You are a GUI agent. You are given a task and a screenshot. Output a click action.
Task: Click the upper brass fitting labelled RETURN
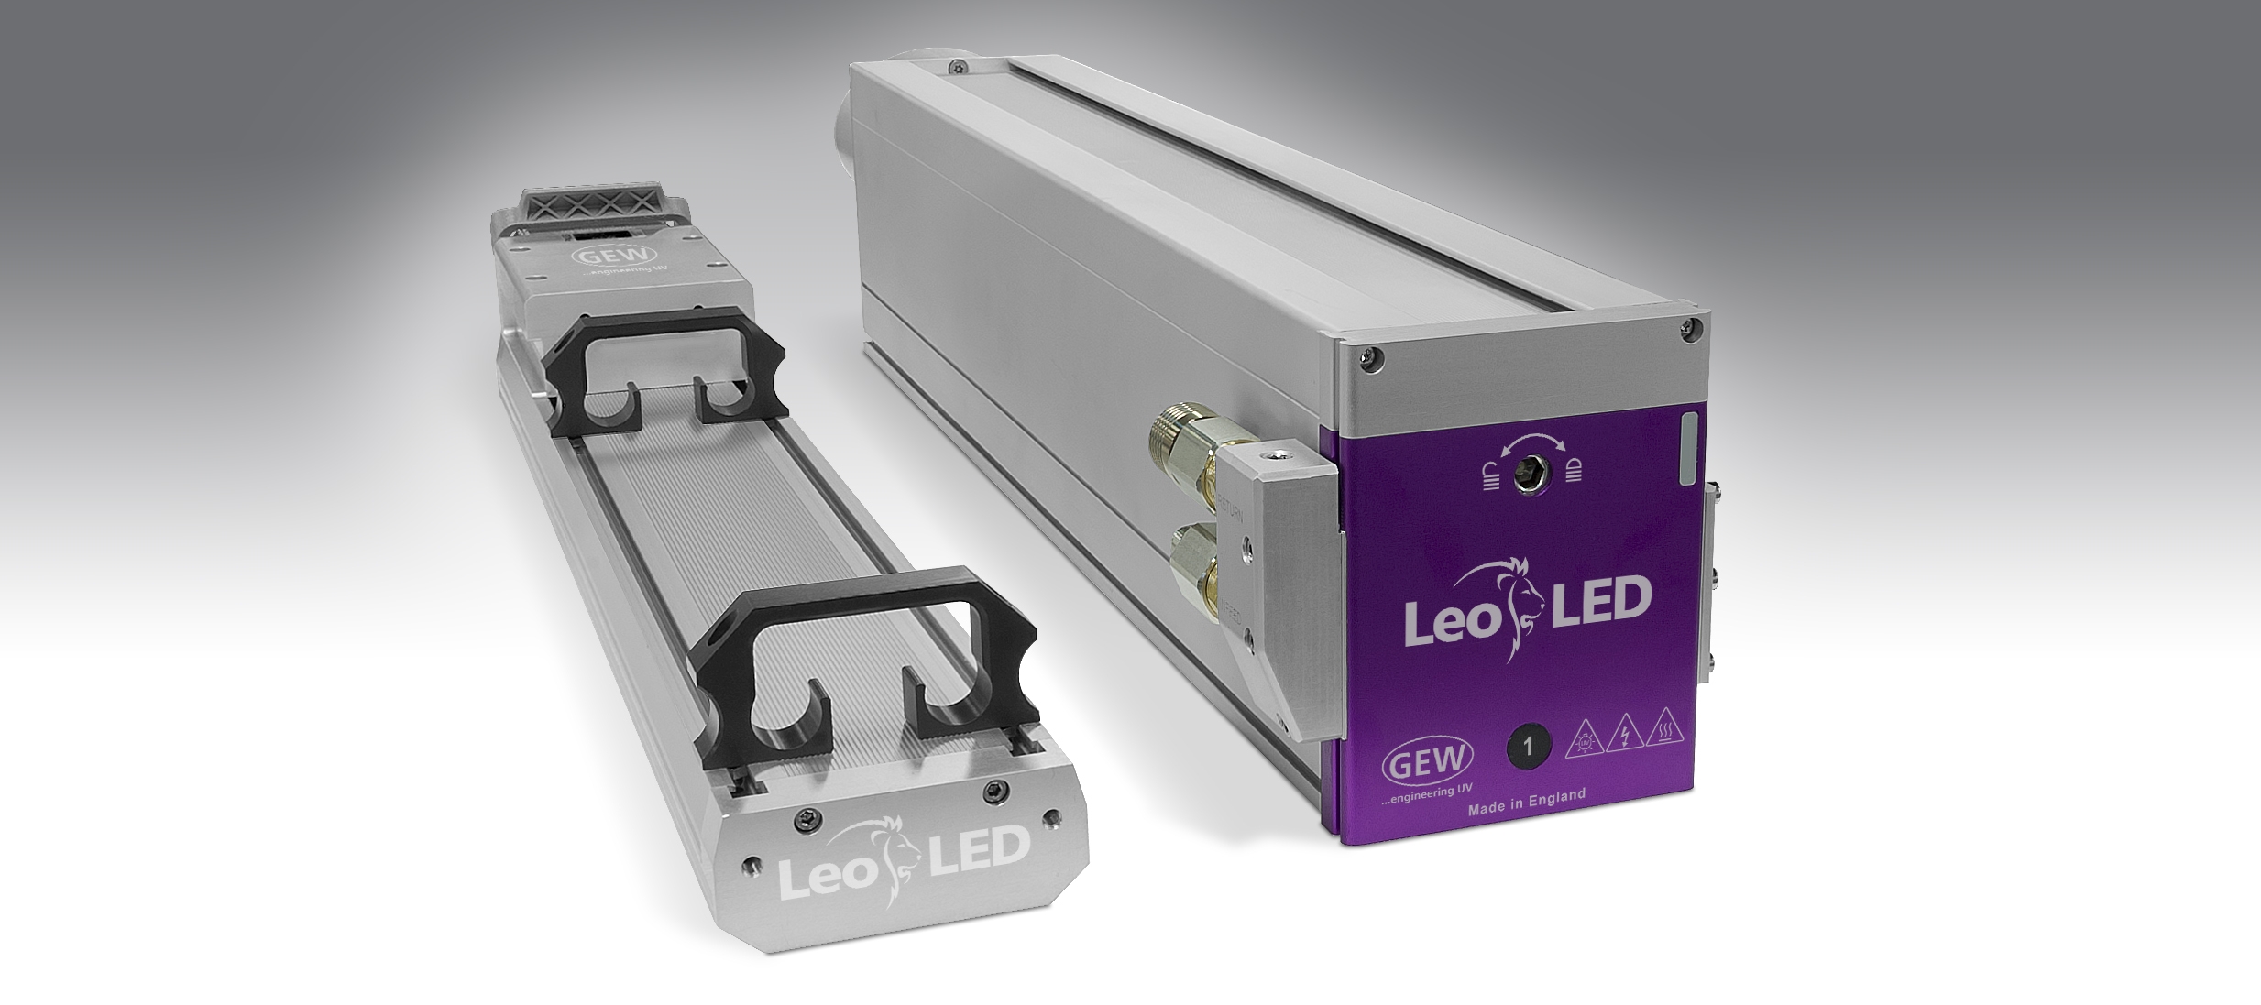click(x=1189, y=446)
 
